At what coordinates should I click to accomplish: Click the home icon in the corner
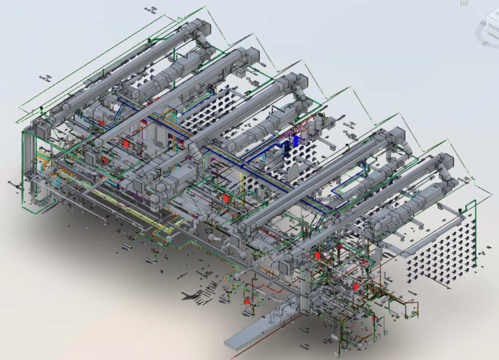pos(463,2)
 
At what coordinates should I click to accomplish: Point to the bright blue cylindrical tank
pos(296,141)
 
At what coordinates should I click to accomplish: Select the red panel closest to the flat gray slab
pos(247,300)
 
